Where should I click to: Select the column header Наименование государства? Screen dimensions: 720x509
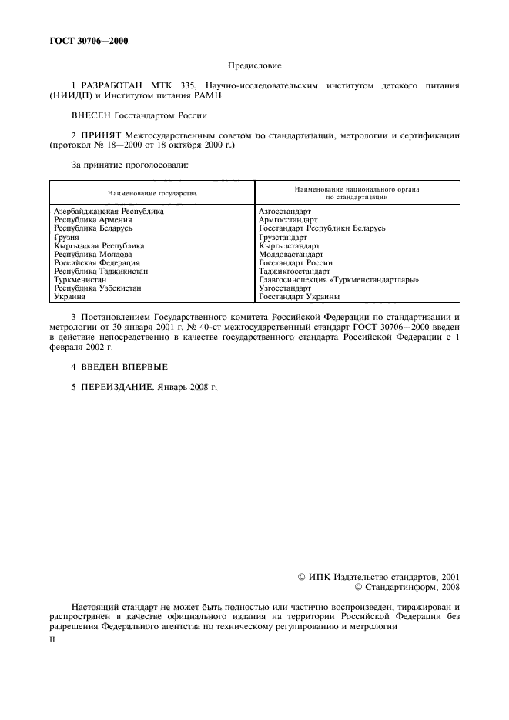coord(152,192)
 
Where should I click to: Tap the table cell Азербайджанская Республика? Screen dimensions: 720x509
coord(108,210)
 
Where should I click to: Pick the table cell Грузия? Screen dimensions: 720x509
coord(66,238)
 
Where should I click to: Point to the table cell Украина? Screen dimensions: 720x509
coord(69,296)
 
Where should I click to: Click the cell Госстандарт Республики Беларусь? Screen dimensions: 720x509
coord(322,228)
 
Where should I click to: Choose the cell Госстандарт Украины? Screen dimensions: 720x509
coord(300,296)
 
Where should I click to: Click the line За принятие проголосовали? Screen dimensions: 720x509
coord(129,164)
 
